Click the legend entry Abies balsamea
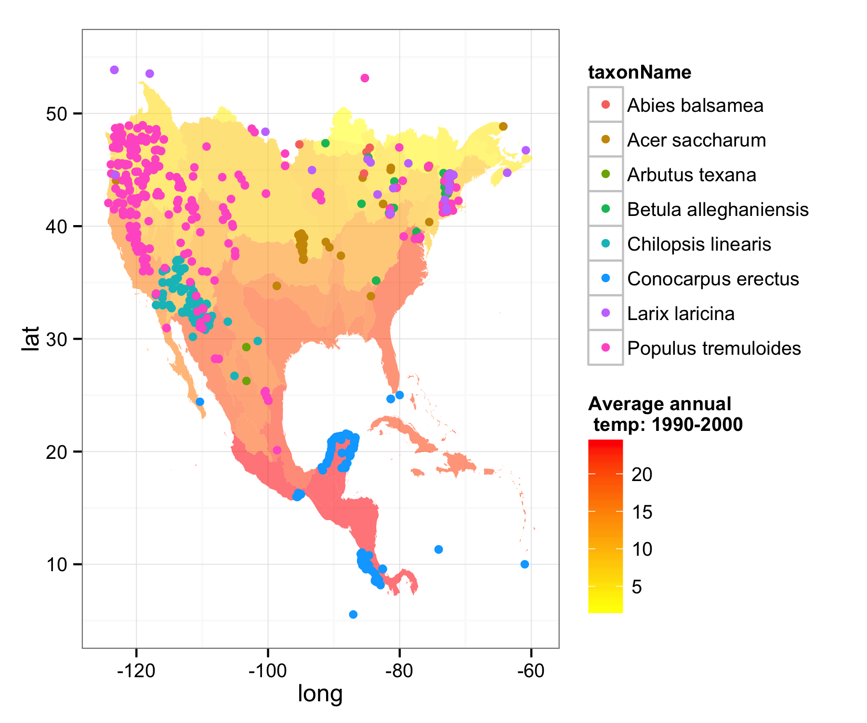pyautogui.click(x=695, y=105)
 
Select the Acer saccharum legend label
pyautogui.click(x=696, y=140)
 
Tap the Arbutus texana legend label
pyautogui.click(x=691, y=174)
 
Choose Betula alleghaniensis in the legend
pyautogui.click(x=718, y=209)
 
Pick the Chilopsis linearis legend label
pyautogui.click(x=699, y=244)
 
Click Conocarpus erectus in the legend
pyautogui.click(x=713, y=279)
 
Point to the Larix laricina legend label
pyautogui.click(x=681, y=313)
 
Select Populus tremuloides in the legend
pyautogui.click(x=714, y=348)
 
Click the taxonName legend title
pyautogui.click(x=640, y=72)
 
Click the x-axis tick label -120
pyautogui.click(x=136, y=671)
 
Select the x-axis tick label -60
pyautogui.click(x=531, y=671)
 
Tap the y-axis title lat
pyautogui.click(x=31, y=338)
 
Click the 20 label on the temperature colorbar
pyautogui.click(x=642, y=474)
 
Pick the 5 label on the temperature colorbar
pyautogui.click(x=636, y=587)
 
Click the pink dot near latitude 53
pyautogui.click(x=365, y=78)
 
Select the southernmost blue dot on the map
pyautogui.click(x=353, y=614)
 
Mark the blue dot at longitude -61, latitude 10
pyautogui.click(x=525, y=564)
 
